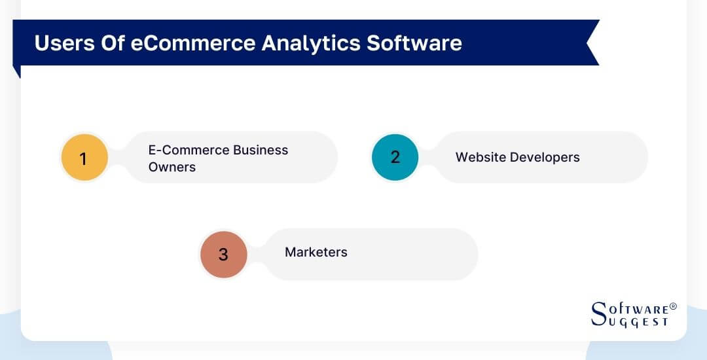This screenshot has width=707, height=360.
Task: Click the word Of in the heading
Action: point(101,43)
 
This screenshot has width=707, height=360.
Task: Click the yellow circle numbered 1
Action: point(84,158)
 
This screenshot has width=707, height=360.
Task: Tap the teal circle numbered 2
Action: point(395,157)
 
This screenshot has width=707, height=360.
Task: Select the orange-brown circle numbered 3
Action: point(223,254)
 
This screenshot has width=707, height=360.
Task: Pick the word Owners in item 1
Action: point(172,167)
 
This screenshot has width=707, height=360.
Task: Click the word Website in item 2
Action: point(480,157)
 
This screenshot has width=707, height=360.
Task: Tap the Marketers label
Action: point(316,252)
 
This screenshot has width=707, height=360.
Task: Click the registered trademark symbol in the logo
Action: point(673,306)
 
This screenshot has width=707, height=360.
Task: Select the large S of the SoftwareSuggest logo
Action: point(599,314)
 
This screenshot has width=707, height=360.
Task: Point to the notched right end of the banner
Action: point(592,43)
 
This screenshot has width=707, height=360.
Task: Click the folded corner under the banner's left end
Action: point(16,71)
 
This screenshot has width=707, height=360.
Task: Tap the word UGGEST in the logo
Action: point(638,321)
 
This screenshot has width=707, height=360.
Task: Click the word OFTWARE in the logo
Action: point(638,308)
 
